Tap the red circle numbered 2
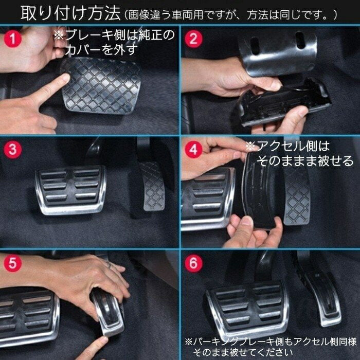193,38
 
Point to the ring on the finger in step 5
109,264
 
